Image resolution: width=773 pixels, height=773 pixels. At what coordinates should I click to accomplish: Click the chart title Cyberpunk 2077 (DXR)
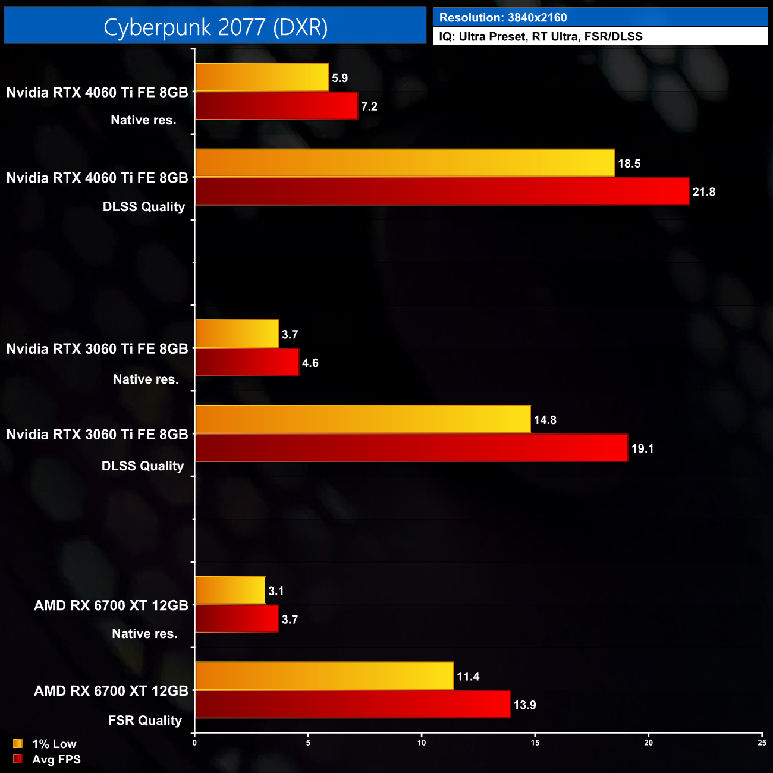(215, 27)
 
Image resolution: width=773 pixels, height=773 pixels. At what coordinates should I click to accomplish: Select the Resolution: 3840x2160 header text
(503, 18)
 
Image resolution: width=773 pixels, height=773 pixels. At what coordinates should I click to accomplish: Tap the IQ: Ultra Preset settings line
(541, 37)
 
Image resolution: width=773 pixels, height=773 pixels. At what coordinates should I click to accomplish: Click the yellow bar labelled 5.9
(262, 77)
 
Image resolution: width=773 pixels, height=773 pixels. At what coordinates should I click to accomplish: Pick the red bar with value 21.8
(442, 191)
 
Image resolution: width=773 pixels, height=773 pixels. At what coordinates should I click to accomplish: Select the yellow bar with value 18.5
(404, 163)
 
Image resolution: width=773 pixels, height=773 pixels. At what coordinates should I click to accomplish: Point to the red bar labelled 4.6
(247, 363)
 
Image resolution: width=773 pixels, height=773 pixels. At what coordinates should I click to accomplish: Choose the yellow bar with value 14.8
(363, 420)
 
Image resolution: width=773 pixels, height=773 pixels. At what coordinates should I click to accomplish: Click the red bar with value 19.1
(411, 448)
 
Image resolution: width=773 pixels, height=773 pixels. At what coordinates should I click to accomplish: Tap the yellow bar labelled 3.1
(230, 590)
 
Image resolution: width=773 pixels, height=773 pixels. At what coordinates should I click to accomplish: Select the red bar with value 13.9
(353, 705)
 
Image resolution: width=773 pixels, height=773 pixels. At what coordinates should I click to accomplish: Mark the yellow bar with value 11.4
(324, 676)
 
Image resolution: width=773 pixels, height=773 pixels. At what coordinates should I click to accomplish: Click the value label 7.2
(369, 106)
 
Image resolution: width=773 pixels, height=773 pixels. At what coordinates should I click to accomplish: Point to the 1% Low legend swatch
(18, 743)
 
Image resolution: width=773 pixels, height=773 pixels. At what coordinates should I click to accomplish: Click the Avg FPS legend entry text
(56, 759)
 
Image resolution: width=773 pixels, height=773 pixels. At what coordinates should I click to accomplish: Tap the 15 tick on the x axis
(535, 743)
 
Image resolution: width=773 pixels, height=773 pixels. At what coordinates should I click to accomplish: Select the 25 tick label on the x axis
(762, 743)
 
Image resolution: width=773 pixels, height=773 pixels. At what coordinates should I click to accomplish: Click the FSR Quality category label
(145, 721)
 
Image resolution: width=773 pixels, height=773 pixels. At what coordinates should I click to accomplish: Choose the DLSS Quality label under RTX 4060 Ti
(144, 207)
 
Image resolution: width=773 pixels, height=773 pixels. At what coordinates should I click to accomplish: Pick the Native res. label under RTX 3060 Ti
(146, 379)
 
